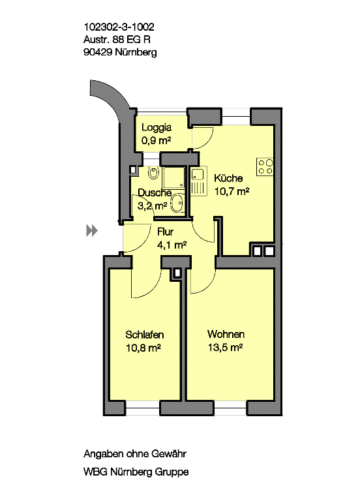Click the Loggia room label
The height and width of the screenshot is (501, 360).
157,127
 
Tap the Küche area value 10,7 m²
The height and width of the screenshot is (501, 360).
232,191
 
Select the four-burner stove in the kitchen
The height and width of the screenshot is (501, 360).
265,167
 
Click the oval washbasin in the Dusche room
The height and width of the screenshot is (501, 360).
177,204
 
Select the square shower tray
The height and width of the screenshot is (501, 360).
173,177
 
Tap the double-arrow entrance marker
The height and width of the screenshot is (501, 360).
92,230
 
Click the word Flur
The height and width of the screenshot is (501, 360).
165,232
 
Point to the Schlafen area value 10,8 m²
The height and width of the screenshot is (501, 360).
143,348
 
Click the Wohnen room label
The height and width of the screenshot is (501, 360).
226,334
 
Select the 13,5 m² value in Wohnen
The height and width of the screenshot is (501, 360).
226,347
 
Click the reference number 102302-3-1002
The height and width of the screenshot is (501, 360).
119,27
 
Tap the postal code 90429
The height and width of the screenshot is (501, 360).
98,52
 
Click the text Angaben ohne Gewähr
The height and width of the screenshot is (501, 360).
135,454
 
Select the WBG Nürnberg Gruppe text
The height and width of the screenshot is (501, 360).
136,472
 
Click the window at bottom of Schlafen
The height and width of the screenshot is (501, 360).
142,408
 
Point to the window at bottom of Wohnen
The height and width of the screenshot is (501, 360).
230,408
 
